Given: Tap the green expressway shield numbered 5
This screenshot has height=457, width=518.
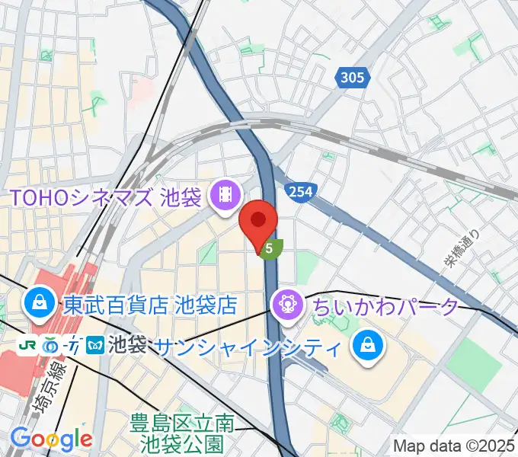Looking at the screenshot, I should tap(270, 248).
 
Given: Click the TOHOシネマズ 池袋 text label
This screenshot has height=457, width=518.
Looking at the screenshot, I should tap(105, 197).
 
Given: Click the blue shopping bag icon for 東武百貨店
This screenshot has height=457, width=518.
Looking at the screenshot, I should tap(37, 304).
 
